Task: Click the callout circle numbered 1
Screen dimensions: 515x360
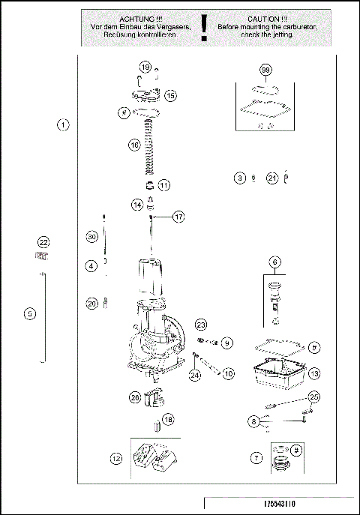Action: pyautogui.click(x=64, y=124)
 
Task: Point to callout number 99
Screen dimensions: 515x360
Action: pyautogui.click(x=265, y=70)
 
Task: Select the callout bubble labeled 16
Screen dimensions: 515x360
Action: pyautogui.click(x=134, y=145)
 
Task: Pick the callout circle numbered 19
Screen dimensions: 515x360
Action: pyautogui.click(x=145, y=67)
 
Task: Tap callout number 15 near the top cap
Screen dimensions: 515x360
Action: pyautogui.click(x=170, y=95)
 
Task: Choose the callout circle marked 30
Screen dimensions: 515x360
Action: pyautogui.click(x=91, y=237)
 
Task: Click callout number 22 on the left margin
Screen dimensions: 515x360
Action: pyautogui.click(x=43, y=242)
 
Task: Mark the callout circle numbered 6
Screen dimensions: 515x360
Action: pyautogui.click(x=275, y=262)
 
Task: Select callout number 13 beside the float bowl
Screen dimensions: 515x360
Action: pyautogui.click(x=315, y=373)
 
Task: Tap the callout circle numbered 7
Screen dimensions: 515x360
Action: pyautogui.click(x=256, y=457)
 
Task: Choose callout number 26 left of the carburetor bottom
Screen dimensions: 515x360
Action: pyautogui.click(x=134, y=397)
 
